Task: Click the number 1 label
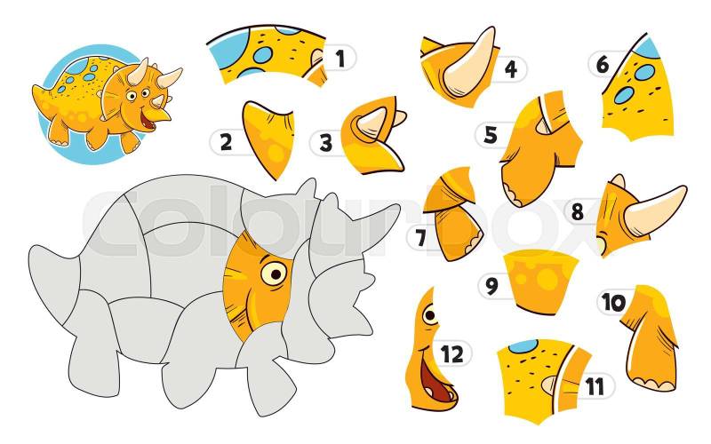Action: click(340, 58)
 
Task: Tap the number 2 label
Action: click(226, 142)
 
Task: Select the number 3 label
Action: click(325, 143)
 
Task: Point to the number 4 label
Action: click(511, 69)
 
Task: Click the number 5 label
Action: click(491, 135)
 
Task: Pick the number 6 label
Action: click(603, 64)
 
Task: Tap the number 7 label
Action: click(420, 238)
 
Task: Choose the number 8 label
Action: click(577, 211)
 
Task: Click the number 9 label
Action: click(491, 286)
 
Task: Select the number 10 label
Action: click(613, 302)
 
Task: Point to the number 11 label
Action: click(595, 386)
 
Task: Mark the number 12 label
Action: click(452, 353)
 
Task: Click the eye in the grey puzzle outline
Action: click(274, 274)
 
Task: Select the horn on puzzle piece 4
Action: click(469, 63)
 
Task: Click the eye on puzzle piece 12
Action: click(430, 314)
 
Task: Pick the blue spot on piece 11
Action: click(523, 346)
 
